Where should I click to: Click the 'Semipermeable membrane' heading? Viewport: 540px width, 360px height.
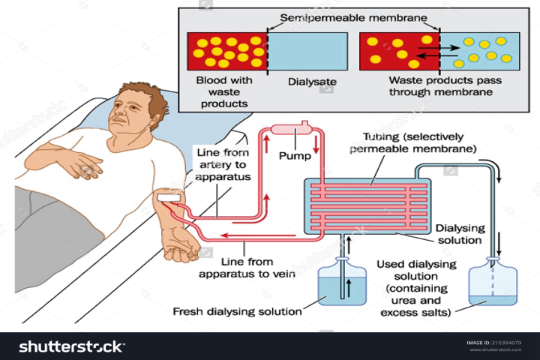coord(354,16)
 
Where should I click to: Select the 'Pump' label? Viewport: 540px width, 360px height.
coord(293,158)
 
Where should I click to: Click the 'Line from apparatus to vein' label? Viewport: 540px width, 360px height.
coord(247,268)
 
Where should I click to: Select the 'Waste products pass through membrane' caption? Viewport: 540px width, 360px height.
coord(440,86)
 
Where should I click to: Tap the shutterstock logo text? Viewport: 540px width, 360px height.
coord(71,346)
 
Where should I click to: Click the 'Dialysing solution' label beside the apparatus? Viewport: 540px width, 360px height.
coord(459,233)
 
